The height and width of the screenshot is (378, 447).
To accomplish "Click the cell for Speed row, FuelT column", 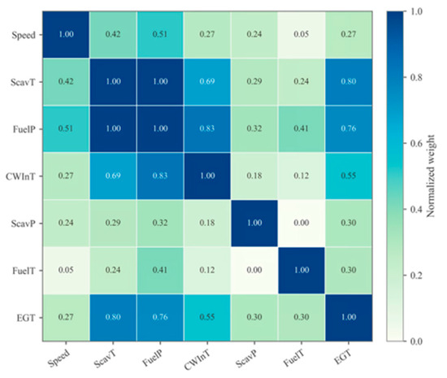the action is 302,35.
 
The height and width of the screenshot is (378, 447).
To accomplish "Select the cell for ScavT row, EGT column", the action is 349,82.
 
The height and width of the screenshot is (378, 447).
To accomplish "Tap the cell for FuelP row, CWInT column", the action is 207,129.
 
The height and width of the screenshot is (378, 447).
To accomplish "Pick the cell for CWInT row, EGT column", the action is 349,176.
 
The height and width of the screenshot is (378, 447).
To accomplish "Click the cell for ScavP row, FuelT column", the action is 302,224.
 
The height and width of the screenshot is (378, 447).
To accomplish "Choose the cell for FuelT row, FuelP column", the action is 160,270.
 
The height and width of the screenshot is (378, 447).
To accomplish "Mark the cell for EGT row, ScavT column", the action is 113,318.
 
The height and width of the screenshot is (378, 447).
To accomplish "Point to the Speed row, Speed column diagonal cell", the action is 66,35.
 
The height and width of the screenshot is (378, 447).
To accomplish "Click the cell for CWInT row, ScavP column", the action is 254,176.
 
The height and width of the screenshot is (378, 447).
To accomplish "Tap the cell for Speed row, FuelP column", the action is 160,35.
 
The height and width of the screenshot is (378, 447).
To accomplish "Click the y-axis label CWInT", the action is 20,176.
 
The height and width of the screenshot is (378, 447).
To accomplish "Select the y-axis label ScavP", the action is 24,224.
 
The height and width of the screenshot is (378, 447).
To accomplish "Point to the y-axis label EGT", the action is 26,318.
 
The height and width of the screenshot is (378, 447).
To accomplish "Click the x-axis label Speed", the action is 59,358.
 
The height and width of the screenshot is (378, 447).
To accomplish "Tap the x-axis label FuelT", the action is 294,358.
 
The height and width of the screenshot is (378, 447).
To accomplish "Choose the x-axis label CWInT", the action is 197,360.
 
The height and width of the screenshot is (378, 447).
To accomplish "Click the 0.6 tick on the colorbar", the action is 406,143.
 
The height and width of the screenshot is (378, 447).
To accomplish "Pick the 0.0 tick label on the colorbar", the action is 416,341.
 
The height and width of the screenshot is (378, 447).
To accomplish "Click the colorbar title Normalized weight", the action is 431,176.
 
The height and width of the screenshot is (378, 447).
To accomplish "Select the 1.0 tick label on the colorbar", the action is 416,11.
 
